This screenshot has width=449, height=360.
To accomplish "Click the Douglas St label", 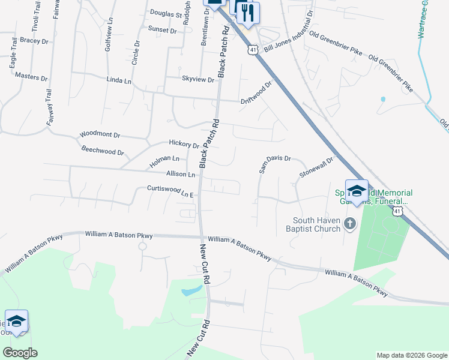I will (166, 13).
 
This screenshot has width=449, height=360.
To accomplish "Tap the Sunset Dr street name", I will (162, 30).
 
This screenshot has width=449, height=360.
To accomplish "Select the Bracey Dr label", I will (34, 41).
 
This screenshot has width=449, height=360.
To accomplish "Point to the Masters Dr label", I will (31, 77).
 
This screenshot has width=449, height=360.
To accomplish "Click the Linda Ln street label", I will (118, 80).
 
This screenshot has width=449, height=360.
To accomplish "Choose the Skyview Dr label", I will (197, 79).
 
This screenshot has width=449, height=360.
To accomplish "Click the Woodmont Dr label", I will (100, 136).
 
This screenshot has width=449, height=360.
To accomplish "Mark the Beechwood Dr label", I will (102, 152).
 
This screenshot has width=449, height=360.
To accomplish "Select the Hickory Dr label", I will (184, 144).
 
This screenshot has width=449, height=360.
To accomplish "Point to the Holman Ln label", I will (164, 159).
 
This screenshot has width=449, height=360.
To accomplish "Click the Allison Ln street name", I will (181, 174).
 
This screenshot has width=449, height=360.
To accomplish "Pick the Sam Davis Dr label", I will (274, 164).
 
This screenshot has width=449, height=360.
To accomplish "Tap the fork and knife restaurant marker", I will (247, 12).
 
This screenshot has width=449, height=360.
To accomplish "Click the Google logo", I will (20, 353).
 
